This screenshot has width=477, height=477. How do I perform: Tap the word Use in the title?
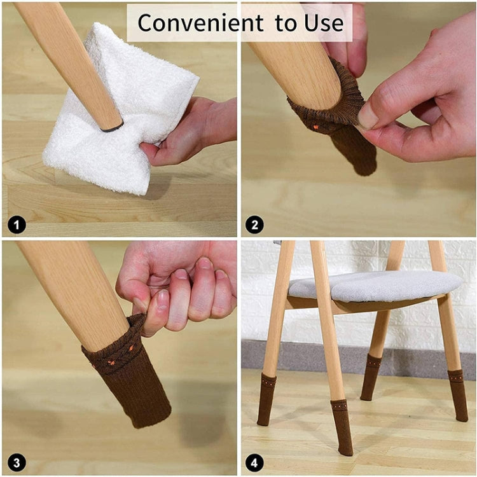324,23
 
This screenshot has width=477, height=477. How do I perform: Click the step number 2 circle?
254,224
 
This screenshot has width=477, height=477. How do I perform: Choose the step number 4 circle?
254,462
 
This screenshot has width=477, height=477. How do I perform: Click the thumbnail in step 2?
367,117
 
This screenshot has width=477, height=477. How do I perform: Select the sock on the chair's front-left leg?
267,399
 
